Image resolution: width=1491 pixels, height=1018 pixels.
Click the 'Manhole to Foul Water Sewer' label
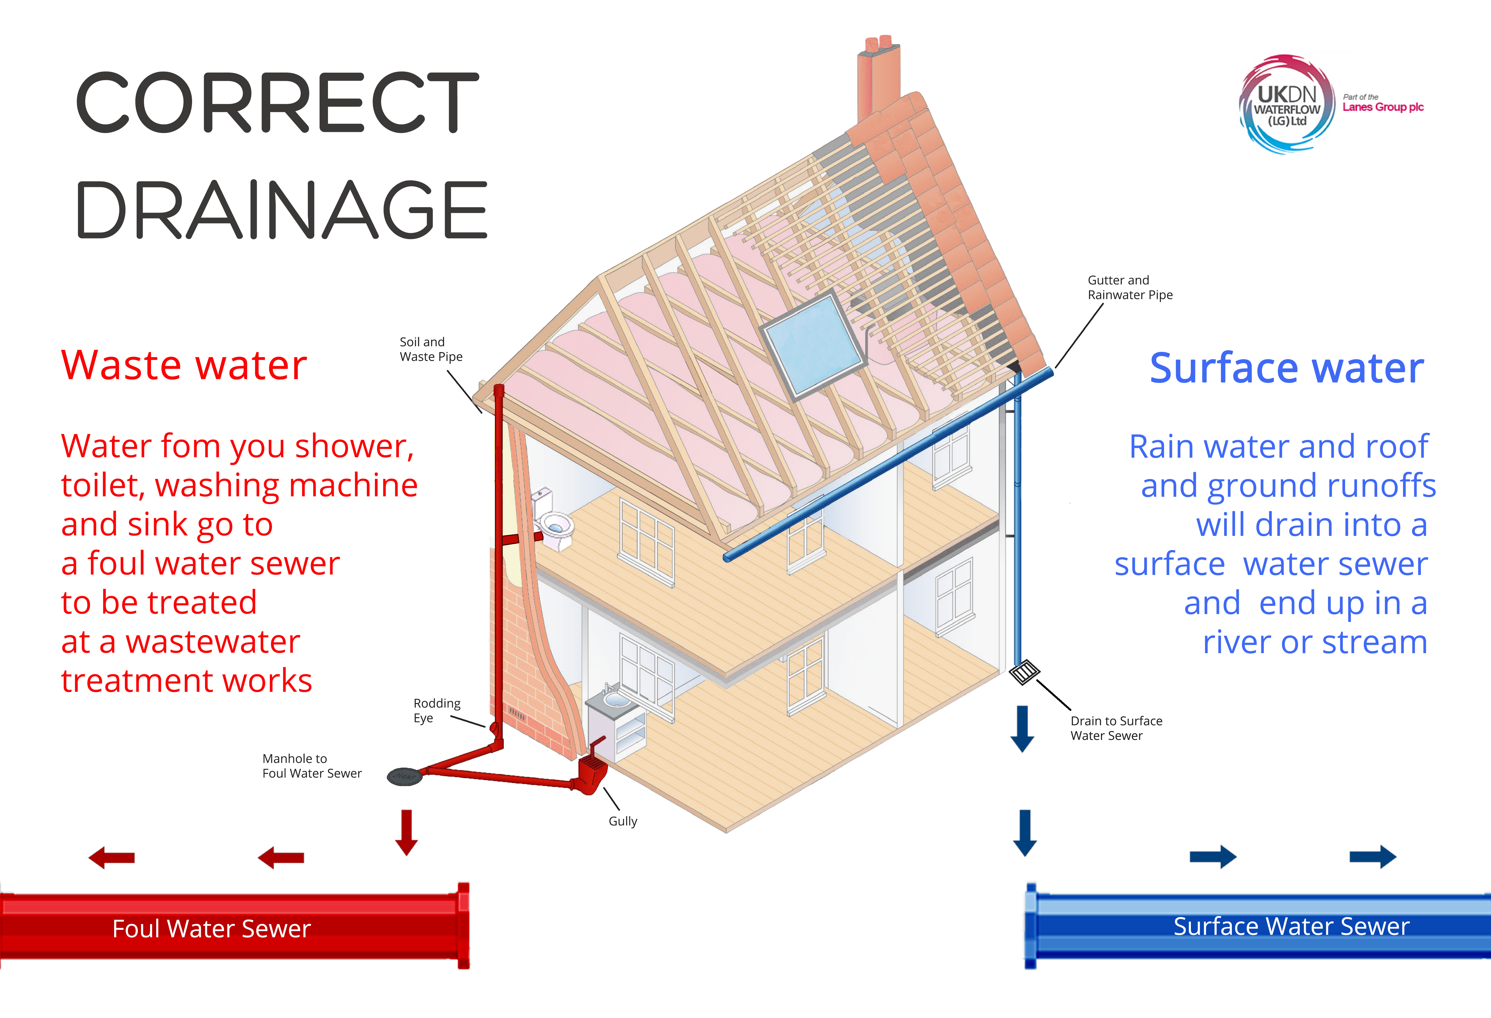[312, 766]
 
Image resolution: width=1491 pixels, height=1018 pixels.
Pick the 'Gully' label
[622, 821]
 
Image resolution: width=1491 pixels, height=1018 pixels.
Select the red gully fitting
[591, 773]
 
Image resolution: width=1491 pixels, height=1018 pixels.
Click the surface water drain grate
[1024, 671]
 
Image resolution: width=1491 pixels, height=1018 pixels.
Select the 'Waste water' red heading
[184, 366]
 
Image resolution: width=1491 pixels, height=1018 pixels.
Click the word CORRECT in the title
[277, 103]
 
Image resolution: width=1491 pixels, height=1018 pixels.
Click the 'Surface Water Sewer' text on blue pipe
[1291, 926]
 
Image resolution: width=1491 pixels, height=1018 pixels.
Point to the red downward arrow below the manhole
[406, 832]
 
